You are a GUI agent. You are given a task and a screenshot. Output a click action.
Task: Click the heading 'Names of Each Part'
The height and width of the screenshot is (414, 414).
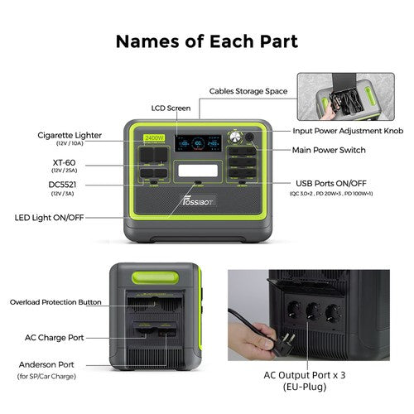click(x=206, y=41)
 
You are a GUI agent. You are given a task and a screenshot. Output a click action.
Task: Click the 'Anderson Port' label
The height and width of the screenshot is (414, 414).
click(x=51, y=364)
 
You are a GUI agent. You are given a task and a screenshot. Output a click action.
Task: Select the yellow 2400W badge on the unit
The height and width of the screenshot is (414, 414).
click(x=154, y=137)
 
